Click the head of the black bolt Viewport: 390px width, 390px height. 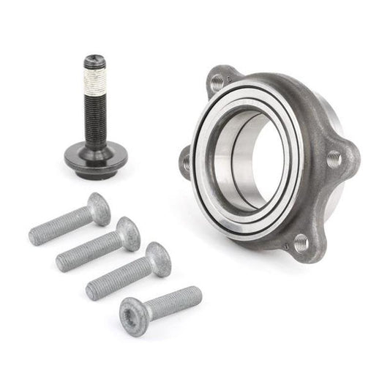click(x=94, y=61)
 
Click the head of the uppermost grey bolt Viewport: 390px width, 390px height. click(x=100, y=208)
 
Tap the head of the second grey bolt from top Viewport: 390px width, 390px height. click(x=129, y=232)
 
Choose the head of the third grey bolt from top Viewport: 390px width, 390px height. click(x=158, y=259)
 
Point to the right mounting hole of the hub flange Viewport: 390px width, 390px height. click(x=334, y=158)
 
